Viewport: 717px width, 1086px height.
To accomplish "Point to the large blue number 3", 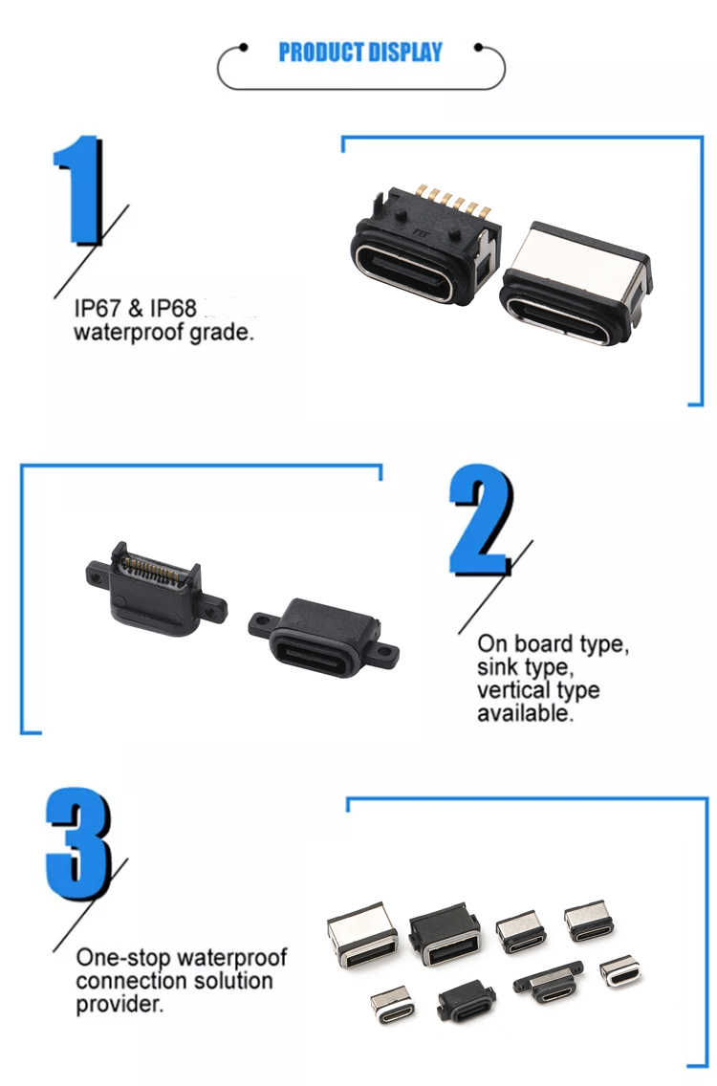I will point(78,844).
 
